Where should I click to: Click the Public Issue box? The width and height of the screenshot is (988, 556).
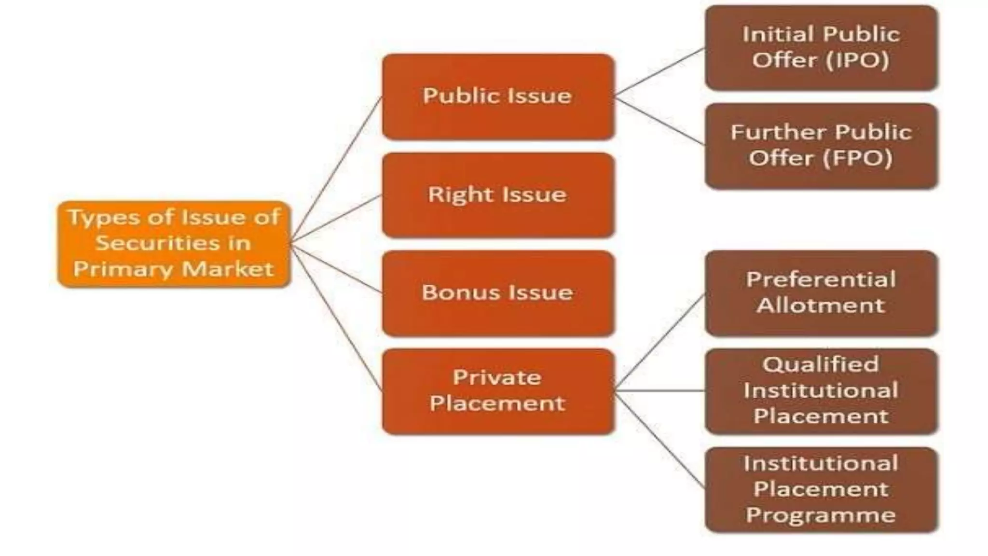(x=498, y=97)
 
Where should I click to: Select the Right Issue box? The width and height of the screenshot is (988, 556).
(x=498, y=195)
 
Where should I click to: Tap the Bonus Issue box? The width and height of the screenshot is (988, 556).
(x=498, y=293)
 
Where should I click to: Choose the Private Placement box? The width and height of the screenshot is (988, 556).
(x=498, y=391)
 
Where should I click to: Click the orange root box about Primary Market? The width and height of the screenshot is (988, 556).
(x=174, y=244)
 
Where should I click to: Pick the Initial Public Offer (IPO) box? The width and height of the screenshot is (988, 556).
(x=821, y=47)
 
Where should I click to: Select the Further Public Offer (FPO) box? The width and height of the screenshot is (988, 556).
(x=821, y=145)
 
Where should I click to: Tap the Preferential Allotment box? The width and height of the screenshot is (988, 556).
(x=821, y=293)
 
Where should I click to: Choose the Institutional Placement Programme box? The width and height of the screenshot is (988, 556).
(x=821, y=489)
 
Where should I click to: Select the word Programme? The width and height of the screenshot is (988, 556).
(x=821, y=515)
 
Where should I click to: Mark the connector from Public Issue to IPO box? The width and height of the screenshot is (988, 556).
(x=660, y=71)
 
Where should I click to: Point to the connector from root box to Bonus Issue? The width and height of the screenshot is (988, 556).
(x=336, y=268)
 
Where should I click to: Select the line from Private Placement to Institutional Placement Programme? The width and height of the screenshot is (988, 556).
(x=660, y=439)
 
